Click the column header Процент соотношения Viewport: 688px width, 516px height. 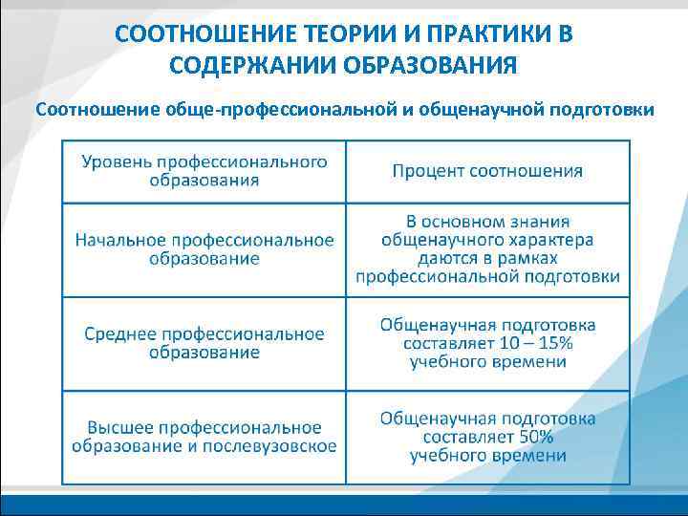coord(487,171)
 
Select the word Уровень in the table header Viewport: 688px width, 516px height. coord(117,161)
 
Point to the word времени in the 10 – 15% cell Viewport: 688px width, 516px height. coord(532,361)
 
